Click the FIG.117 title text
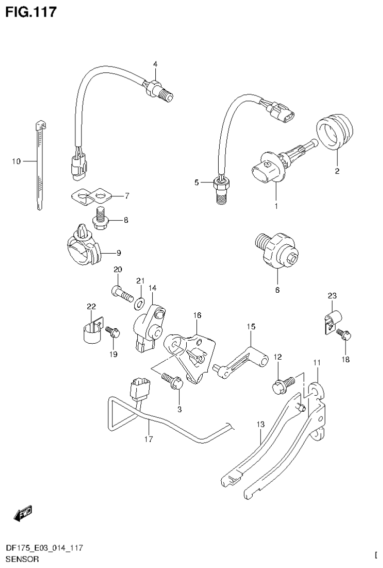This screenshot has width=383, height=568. coord(31,12)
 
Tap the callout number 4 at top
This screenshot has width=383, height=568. coord(155,64)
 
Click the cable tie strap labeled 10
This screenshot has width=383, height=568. coord(38,165)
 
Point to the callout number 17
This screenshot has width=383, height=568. coord(149,439)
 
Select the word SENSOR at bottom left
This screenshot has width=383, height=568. coord(21,559)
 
